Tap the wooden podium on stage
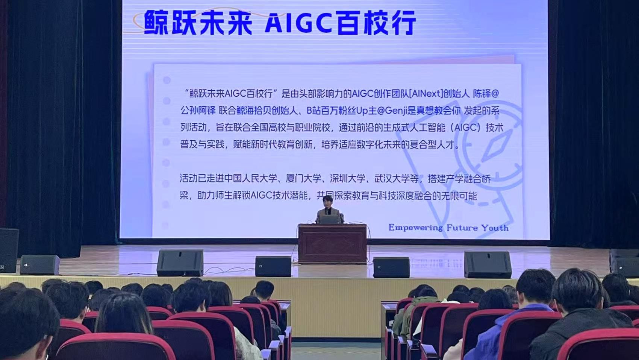(x=332, y=243)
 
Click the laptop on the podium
(x=329, y=219)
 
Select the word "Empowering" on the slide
(x=416, y=228)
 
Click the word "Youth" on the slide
(x=495, y=228)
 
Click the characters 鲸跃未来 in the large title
(x=198, y=23)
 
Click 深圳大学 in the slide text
(x=348, y=179)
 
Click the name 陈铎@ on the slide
(x=486, y=94)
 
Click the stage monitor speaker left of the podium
(x=273, y=266)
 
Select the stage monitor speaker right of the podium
(x=391, y=267)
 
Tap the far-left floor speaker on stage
(x=39, y=265)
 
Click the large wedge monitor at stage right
(x=488, y=265)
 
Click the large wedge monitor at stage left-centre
(x=180, y=263)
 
